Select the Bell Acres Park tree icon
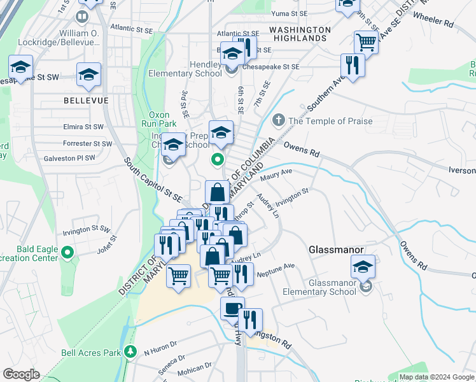tap(130, 351)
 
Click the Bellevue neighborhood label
tap(86, 101)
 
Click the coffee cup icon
tap(232, 308)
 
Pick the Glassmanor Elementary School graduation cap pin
tap(363, 266)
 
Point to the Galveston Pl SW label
tap(69, 158)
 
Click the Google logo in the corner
tap(20, 374)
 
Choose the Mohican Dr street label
tap(195, 368)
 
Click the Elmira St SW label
tap(83, 127)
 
